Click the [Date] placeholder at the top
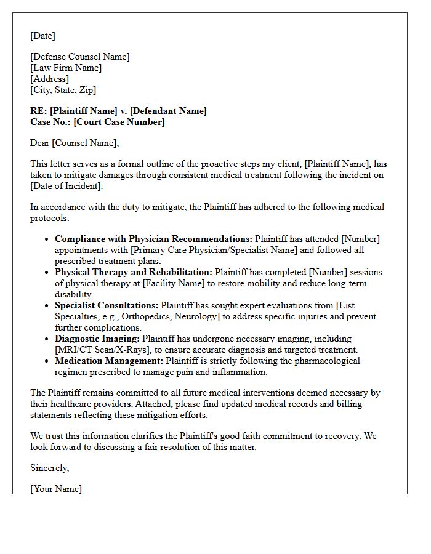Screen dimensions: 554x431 pyautogui.click(x=42, y=36)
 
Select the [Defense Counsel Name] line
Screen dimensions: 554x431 pyautogui.click(x=80, y=57)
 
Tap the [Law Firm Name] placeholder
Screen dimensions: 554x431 pyautogui.click(x=66, y=68)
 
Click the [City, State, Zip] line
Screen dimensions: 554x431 pyautogui.click(x=63, y=90)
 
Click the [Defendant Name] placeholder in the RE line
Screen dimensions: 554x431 pyautogui.click(x=168, y=111)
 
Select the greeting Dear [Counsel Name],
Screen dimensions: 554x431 pyautogui.click(x=75, y=143)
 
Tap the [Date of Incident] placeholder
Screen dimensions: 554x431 pyautogui.click(x=66, y=186)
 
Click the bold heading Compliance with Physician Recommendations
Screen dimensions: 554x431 pyautogui.click(x=153, y=239)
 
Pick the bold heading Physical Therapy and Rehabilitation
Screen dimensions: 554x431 pyautogui.click(x=134, y=272)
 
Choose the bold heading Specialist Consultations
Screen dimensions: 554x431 pyautogui.click(x=107, y=305)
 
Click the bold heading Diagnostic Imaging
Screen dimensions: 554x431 pyautogui.click(x=97, y=339)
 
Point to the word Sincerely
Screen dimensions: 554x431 pyautogui.click(x=49, y=468)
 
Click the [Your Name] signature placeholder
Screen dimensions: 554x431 pyautogui.click(x=56, y=489)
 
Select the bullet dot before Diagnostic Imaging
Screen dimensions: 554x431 pyautogui.click(x=47, y=339)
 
